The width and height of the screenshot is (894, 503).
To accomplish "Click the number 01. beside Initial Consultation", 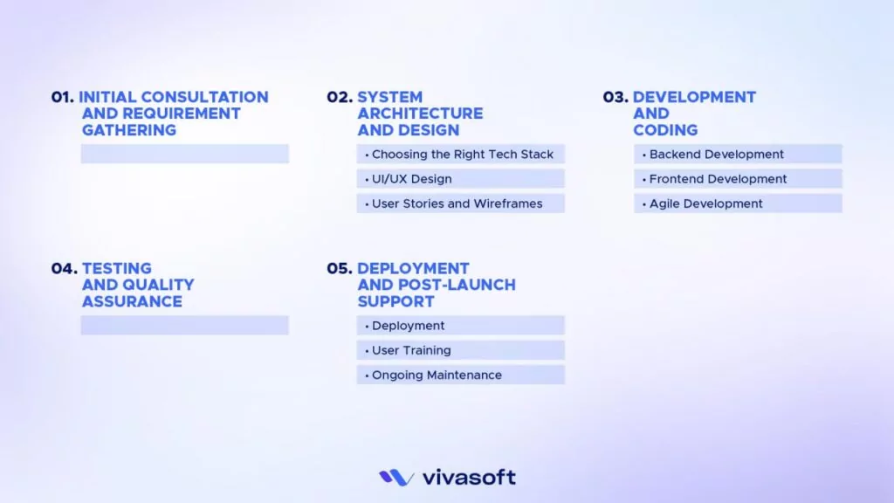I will tap(63, 97).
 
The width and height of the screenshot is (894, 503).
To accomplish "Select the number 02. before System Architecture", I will tap(340, 97).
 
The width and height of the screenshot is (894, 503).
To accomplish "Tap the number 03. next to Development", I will tap(615, 97).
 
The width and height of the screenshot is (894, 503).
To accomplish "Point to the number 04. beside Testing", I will tap(64, 268).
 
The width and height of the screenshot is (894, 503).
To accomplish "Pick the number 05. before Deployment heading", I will tap(340, 268).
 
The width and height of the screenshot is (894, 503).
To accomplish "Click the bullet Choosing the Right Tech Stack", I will tap(462, 155).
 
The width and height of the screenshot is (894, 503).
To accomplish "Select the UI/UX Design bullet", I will tap(411, 179).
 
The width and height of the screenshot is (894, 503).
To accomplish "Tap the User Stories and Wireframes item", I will tap(457, 203).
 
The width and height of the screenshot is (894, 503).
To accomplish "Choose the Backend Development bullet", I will tap(716, 155).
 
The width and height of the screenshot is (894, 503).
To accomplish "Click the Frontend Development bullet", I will tap(718, 179).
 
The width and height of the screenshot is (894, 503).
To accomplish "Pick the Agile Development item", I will tap(705, 203).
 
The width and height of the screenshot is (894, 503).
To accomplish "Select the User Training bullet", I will tap(411, 350).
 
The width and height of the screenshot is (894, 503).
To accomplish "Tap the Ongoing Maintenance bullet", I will tap(437, 375).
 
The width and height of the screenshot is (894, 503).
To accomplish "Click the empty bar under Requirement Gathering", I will tap(184, 154).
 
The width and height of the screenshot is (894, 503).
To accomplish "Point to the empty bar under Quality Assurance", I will tap(184, 325).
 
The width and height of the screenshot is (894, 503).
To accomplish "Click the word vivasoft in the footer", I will tap(469, 478).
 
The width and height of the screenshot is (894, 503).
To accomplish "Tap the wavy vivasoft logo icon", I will tap(396, 478).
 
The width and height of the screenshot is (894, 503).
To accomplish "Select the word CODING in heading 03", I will tap(665, 130).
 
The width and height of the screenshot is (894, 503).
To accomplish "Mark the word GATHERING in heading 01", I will tap(129, 130).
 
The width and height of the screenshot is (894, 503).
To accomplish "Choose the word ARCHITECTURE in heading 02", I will tap(420, 114).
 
